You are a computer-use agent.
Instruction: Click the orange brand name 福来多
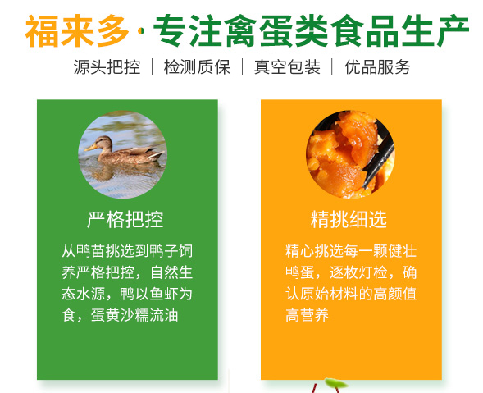77,31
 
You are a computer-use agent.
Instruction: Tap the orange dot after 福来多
141,31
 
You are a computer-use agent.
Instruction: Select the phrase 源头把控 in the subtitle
107,67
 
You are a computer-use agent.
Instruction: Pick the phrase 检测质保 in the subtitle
197,67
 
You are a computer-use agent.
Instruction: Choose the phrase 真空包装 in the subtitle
287,67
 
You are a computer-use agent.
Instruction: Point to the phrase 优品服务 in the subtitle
377,67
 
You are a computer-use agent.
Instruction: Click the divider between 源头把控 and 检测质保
153,66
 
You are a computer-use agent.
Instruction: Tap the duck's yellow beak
90,148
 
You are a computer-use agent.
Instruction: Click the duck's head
103,143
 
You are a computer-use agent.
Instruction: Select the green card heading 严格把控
125,219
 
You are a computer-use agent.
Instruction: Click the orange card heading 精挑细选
349,219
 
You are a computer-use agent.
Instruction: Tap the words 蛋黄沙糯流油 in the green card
134,315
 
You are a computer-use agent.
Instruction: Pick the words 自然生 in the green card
171,272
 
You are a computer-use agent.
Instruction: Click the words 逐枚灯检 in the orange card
358,272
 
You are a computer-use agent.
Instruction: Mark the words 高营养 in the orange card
307,315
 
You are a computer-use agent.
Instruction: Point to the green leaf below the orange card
335,383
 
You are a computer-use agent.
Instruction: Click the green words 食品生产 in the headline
400,31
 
